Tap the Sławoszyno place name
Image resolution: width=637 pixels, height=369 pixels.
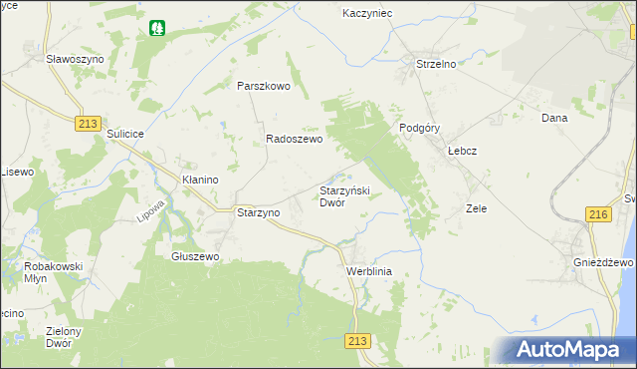[x=75, y=59]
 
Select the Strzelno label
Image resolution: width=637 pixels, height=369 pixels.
[x=435, y=65]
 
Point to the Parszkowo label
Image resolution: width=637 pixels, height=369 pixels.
[x=263, y=86]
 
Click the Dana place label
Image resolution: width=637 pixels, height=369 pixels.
[x=553, y=118]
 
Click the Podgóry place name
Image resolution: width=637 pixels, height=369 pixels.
[x=419, y=128]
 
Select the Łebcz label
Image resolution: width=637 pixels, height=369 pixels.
[x=463, y=151]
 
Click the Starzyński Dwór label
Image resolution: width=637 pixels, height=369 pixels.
[x=344, y=195]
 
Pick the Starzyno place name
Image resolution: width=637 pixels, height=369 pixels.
[x=258, y=213]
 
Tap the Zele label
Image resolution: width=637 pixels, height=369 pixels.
[x=476, y=209]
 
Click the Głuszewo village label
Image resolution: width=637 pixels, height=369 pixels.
[x=195, y=256]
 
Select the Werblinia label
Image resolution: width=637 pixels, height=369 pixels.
[x=370, y=271]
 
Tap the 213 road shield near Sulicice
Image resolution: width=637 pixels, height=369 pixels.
[x=88, y=122]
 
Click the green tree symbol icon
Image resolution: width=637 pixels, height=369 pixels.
[x=156, y=28]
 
